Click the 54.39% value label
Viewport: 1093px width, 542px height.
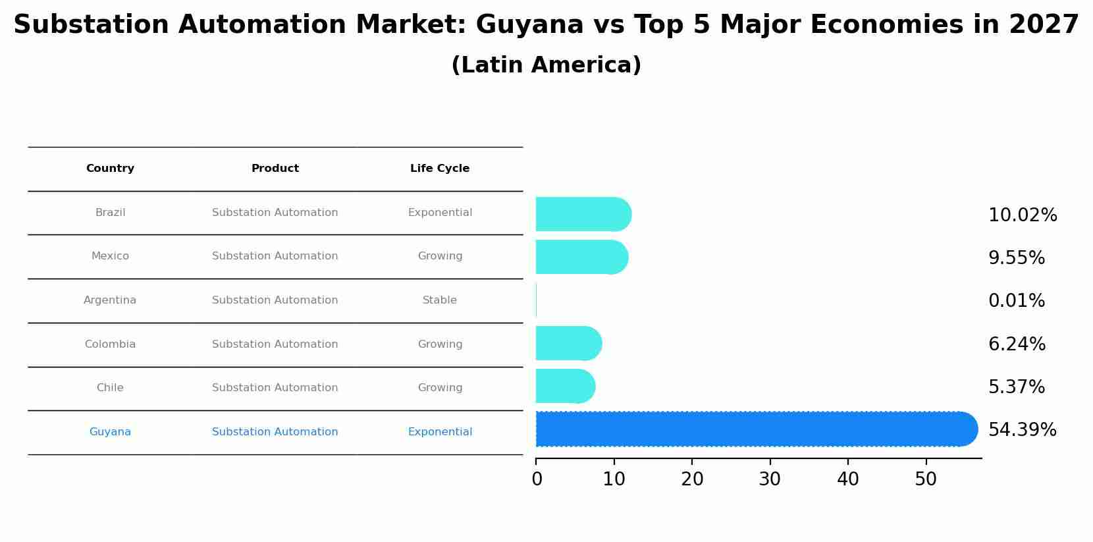tap(1022, 430)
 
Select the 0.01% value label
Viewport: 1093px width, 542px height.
tap(1016, 301)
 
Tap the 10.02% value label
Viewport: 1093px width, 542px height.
tap(1022, 215)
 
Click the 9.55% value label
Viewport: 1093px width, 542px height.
tap(1016, 258)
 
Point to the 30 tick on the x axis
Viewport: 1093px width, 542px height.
tap(770, 479)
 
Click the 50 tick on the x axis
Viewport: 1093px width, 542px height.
tap(926, 479)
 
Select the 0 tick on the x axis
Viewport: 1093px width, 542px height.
tap(537, 479)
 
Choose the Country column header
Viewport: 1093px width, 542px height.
tap(110, 169)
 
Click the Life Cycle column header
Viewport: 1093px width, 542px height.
tap(440, 169)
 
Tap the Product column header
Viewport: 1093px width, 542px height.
tap(275, 169)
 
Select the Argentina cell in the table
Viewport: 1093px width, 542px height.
tap(110, 300)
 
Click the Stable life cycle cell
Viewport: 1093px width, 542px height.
tap(440, 300)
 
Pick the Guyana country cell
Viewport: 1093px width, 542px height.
tap(110, 432)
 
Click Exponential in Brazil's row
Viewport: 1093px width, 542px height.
tap(440, 213)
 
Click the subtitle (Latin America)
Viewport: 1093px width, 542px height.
tap(546, 65)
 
